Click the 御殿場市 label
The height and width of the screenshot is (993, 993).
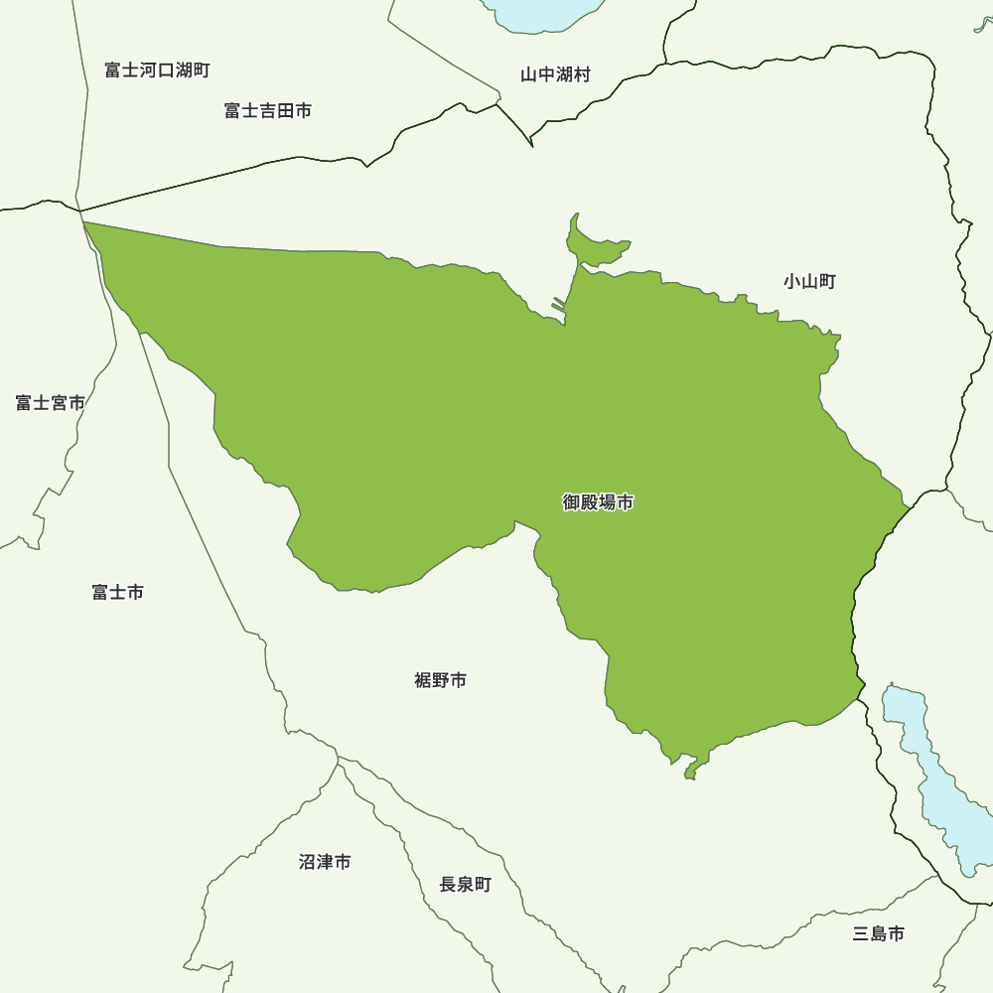coord(598,502)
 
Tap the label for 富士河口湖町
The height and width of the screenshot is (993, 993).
coord(157,71)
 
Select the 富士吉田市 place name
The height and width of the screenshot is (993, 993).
coord(268,110)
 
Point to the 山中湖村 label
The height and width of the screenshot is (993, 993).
coord(555,74)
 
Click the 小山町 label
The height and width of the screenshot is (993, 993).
coord(809,281)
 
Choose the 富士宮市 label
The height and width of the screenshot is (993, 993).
coord(50,402)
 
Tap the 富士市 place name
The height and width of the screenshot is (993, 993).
coord(117,592)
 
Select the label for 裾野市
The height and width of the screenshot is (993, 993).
coord(440,680)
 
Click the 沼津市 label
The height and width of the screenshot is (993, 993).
coord(325,862)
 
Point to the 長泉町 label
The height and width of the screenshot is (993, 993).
coord(465,884)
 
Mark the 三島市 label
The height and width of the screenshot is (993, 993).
coord(878,933)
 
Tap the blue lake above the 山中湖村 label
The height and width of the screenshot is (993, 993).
coord(541,12)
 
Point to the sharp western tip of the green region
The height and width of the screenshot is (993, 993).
coord(89,226)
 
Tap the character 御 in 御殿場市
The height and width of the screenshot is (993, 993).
coord(572,502)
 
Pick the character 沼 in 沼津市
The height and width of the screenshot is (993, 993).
coord(307,862)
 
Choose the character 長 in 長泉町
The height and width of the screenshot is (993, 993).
coord(448,884)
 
